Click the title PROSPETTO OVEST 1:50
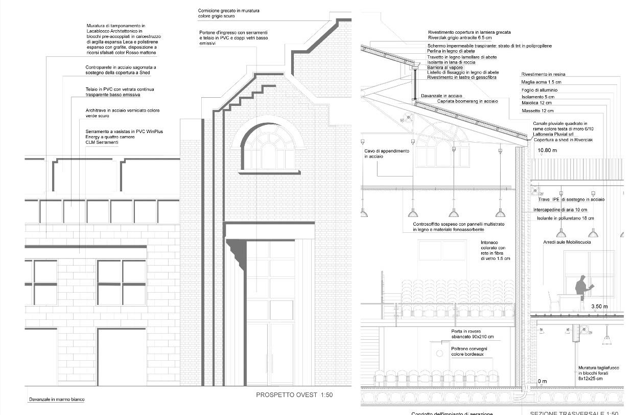pos(294,395)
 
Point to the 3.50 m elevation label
pos(599,307)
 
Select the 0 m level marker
pos(542,381)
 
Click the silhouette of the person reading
pos(581,292)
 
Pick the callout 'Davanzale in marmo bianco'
pos(57,399)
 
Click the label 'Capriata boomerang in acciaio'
pos(467,101)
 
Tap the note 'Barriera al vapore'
pos(445,68)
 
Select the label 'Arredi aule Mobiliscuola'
pos(567,242)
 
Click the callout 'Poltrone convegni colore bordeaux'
pos(469,351)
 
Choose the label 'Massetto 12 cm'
pos(537,111)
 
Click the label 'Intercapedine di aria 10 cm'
pos(560,210)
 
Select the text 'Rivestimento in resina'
pos(543,75)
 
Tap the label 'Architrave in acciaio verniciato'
pos(123,113)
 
